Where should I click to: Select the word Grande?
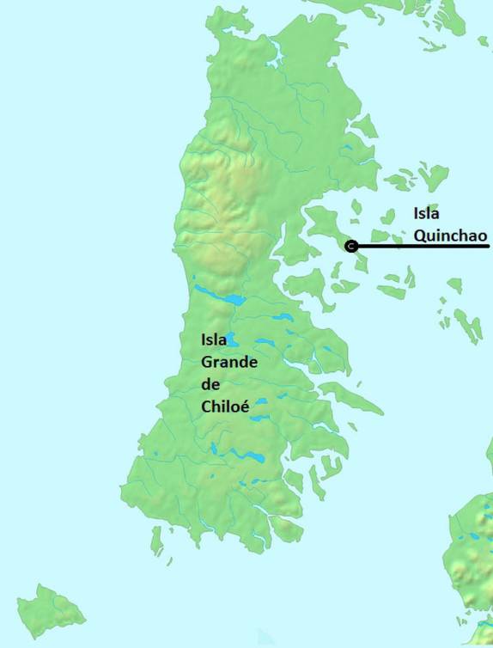point(228,363)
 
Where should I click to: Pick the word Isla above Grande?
point(214,340)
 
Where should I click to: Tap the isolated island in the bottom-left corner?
point(50,611)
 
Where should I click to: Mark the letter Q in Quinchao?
point(420,235)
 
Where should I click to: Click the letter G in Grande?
point(207,363)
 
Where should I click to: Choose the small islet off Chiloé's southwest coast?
point(157,539)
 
